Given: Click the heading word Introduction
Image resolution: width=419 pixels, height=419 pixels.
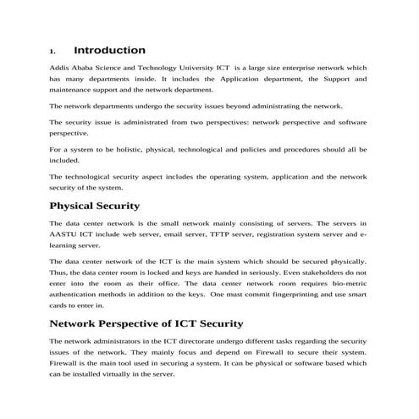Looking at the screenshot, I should click(x=109, y=51).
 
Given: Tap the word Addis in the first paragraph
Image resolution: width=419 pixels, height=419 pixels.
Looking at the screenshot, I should click(x=62, y=67).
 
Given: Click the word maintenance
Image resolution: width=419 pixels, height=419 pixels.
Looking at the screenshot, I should click(x=73, y=89).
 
